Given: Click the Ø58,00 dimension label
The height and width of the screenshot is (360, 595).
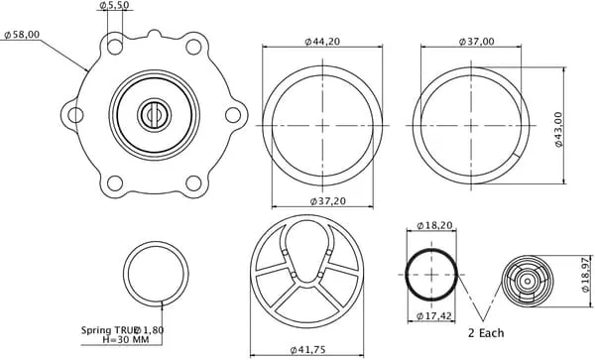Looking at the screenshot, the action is [22, 35].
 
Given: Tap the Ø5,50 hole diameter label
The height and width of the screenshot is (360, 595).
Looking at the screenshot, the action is [114, 5].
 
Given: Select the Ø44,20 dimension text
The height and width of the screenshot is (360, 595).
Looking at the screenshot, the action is [322, 42].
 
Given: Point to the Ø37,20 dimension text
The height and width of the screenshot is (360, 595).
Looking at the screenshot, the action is [328, 201].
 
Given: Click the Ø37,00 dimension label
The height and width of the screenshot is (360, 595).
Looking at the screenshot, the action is [477, 42].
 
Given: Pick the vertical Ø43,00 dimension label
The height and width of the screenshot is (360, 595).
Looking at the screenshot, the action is [558, 129].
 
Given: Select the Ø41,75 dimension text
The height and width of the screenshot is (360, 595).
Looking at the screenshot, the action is [307, 349].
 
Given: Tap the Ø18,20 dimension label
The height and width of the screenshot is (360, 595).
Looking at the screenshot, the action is [434, 225].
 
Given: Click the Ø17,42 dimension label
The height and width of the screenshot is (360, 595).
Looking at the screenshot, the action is [433, 315].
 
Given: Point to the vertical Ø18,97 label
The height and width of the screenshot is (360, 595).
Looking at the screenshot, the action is [585, 275].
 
